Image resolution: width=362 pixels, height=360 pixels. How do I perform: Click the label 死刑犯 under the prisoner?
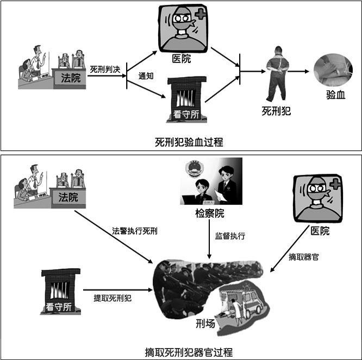(x=276, y=112)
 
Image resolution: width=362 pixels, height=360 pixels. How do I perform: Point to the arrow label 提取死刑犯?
(x=113, y=298)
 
